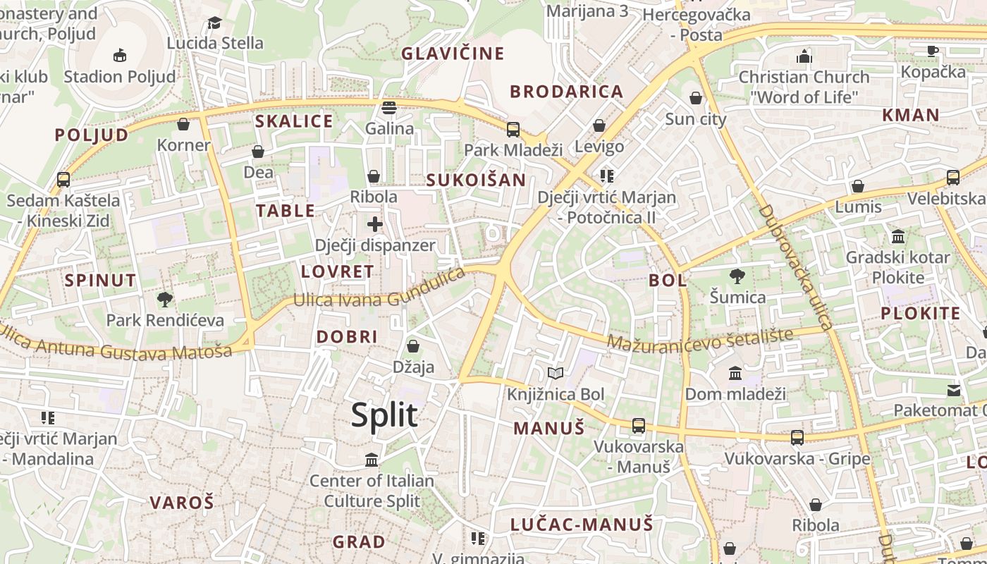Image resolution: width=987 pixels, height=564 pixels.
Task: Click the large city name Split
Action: coord(384,415)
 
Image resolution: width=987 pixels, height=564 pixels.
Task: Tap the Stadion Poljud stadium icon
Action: coord(120,55)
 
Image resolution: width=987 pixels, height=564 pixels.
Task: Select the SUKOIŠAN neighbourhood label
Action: coord(476,180)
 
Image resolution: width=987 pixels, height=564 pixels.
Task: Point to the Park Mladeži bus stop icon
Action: coord(513,130)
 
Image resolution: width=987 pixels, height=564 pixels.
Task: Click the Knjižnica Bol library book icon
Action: coord(556,373)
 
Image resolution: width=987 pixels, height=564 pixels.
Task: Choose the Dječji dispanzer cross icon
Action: coord(374,225)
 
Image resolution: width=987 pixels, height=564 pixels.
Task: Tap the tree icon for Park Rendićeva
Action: coord(165,300)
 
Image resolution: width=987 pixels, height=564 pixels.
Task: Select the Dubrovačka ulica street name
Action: coord(796,267)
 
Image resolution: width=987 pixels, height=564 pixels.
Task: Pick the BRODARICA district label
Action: coord(567,92)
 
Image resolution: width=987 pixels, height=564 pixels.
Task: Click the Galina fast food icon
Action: coord(389,108)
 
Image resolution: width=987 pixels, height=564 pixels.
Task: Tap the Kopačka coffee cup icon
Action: coord(933,51)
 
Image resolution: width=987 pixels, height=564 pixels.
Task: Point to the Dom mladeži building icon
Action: coord(735,373)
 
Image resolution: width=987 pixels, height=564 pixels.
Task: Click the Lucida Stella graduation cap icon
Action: coord(215,23)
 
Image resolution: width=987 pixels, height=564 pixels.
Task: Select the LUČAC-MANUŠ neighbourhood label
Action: coord(582,525)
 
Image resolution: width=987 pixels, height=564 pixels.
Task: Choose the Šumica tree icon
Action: coord(737,276)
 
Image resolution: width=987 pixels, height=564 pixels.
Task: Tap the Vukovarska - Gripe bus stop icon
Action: coord(797,438)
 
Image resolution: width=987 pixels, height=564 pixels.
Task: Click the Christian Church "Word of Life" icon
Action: coord(804,56)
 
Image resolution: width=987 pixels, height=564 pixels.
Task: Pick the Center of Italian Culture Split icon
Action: coord(372,460)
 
